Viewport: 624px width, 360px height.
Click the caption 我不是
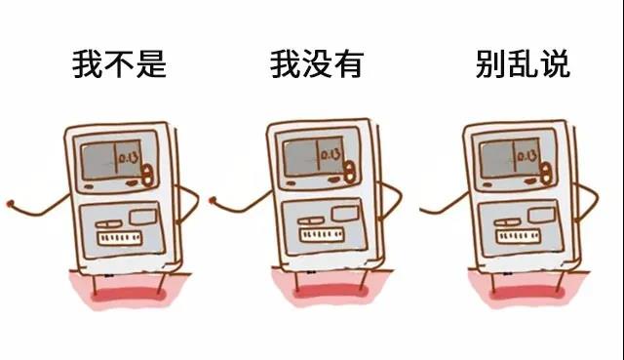click(119, 64)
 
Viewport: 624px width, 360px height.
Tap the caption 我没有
click(317, 64)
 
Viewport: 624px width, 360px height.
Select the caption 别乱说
click(523, 64)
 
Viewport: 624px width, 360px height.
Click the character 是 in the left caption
click(151, 64)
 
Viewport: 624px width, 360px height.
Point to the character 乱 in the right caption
click(523, 64)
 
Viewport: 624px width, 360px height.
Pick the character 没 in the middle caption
click(317, 64)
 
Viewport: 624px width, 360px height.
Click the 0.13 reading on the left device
click(129, 158)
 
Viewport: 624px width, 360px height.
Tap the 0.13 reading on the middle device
click(331, 154)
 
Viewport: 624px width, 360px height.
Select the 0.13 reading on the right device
click(526, 156)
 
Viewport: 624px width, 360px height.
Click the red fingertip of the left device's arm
click(10, 204)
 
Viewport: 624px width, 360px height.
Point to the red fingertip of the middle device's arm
click(213, 200)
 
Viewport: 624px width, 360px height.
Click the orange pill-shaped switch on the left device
click(147, 175)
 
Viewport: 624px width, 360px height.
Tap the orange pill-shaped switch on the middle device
click(349, 172)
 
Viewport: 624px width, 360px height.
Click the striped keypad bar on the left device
click(120, 238)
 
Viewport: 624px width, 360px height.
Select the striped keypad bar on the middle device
click(322, 234)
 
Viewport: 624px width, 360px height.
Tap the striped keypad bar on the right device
click(518, 236)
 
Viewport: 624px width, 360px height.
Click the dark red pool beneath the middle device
click(330, 291)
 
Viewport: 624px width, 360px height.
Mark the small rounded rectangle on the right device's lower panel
click(542, 215)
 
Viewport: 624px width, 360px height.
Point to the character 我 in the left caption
click(87, 64)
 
